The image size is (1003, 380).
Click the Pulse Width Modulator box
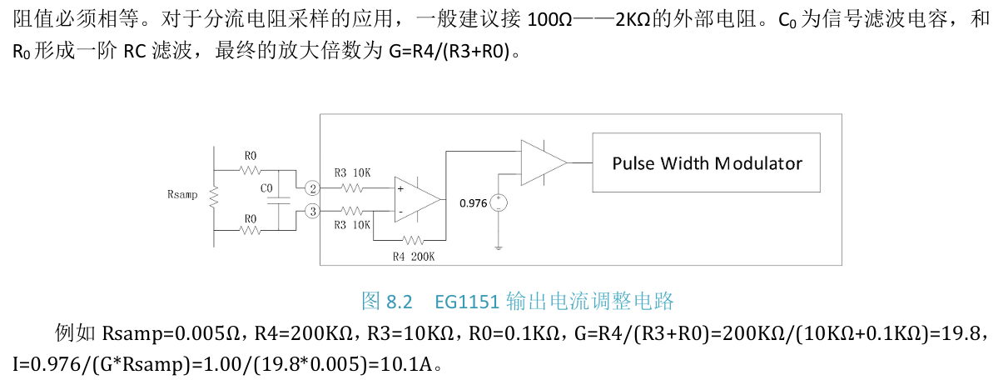(x=706, y=162)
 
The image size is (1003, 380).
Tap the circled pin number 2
(x=311, y=188)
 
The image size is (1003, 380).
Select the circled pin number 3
(x=311, y=212)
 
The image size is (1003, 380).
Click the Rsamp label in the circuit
(x=182, y=195)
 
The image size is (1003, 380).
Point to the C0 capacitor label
(x=266, y=189)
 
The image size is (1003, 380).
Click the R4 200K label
(x=413, y=256)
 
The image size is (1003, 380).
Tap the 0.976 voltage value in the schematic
(x=473, y=202)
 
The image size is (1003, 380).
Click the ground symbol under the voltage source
(x=498, y=245)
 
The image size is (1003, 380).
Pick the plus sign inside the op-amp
(x=401, y=189)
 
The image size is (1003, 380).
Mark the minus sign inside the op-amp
(x=401, y=212)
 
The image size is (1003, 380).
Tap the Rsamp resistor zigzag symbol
(x=214, y=197)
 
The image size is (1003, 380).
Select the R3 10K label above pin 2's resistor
(x=352, y=172)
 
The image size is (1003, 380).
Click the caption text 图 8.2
(x=388, y=300)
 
